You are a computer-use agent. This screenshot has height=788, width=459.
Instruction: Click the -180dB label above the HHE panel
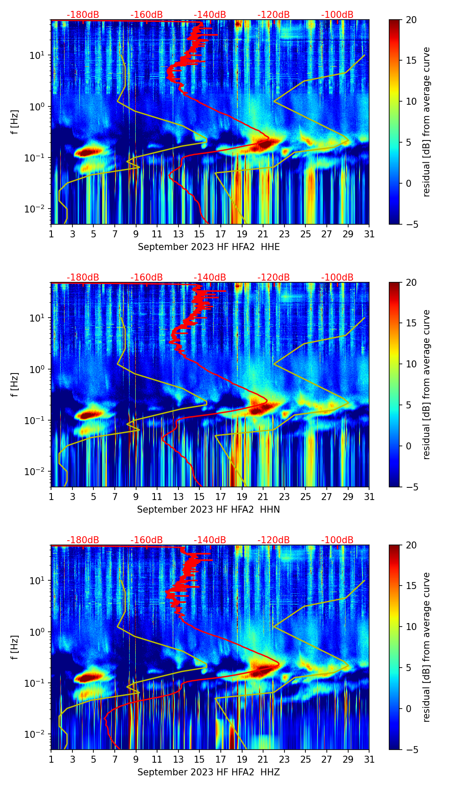point(83,15)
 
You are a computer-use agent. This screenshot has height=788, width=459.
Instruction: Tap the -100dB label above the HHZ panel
point(337,540)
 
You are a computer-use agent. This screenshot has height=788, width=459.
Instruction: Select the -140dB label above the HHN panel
point(210,278)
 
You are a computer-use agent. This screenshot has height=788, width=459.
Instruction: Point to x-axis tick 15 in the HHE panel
point(199,234)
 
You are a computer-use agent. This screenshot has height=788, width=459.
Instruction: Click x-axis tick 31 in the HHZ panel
point(369,759)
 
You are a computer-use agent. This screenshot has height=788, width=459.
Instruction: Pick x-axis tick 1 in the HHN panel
point(51,497)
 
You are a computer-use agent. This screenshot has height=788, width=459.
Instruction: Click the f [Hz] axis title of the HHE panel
point(15,122)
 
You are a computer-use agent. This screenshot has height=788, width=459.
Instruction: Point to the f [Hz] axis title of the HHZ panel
point(15,648)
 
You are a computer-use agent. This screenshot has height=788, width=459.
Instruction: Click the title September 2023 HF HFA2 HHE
point(209,247)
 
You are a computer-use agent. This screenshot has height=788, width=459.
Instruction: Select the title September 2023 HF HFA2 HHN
point(209,510)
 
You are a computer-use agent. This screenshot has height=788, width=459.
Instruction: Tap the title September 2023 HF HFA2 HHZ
point(209,772)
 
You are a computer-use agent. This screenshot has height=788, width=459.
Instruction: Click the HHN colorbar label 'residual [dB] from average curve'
point(426,384)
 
